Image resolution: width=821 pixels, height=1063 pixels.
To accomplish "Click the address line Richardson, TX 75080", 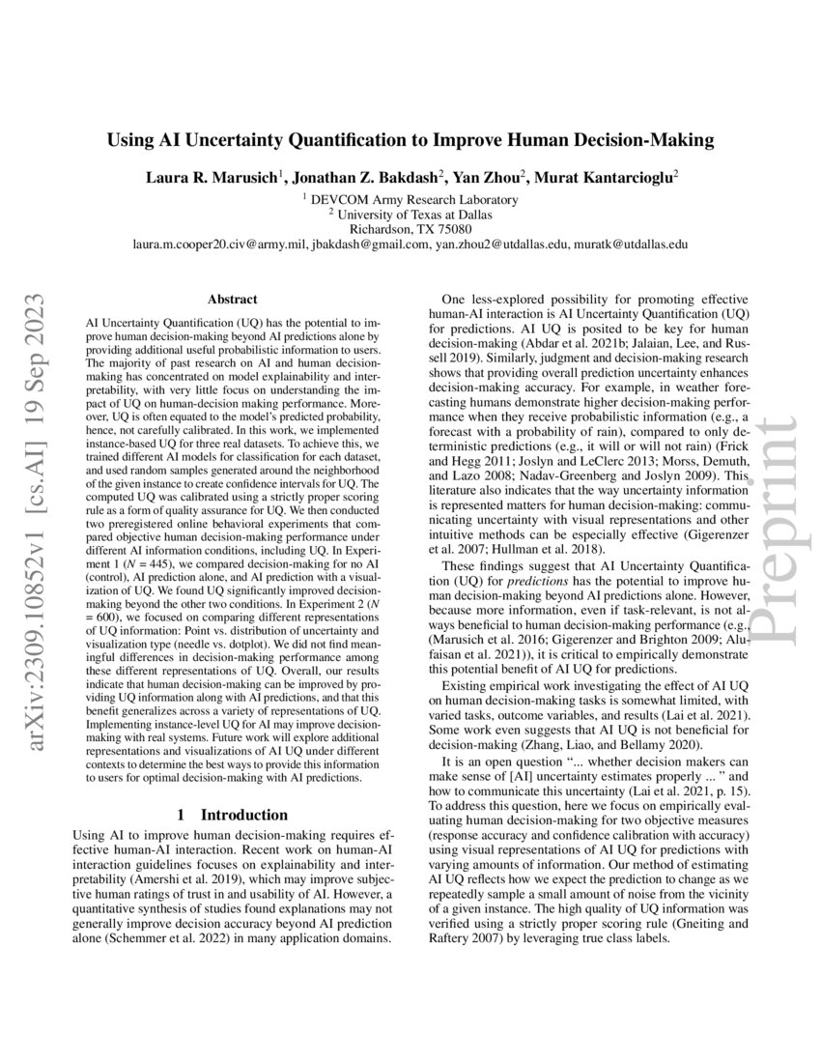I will [410, 229].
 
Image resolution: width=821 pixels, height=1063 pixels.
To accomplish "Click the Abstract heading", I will [231, 301].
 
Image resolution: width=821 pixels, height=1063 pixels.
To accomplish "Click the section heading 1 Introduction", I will [231, 815].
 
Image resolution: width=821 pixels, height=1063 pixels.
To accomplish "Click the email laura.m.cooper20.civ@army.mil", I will [220, 245].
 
